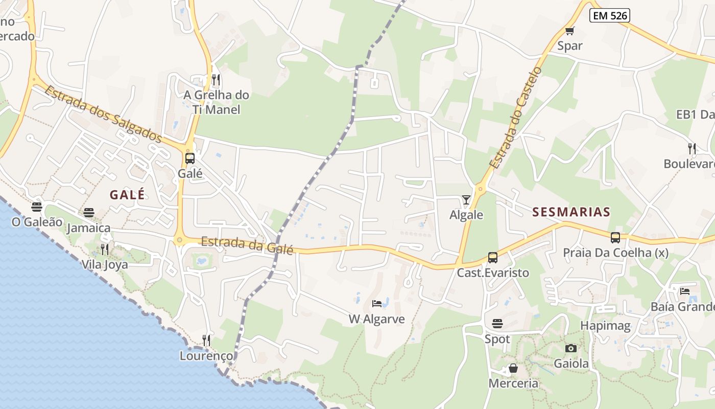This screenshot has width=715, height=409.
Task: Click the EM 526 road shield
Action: pos(610,16)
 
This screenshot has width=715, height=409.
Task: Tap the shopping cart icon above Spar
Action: pos(570,31)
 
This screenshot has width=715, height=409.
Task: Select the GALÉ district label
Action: pos(127,195)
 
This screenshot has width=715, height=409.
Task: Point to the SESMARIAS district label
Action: pos(571,212)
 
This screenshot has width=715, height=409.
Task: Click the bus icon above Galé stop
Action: pos(190,158)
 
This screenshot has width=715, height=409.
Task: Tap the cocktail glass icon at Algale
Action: pos(466,199)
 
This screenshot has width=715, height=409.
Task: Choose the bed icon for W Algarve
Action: pos(377,304)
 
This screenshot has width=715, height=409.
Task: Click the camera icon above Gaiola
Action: pos(571,348)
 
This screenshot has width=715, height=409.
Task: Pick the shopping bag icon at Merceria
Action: pos(513,368)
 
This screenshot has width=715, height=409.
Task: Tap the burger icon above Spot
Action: pos(497,323)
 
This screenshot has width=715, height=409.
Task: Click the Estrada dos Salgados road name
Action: pos(103,115)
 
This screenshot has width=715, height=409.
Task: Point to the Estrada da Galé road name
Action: pos(247,245)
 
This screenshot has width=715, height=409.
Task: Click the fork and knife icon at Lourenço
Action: pos(206,340)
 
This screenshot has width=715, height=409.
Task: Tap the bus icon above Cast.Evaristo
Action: pos(492,257)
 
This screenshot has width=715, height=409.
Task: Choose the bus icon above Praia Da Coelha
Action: pos(615,237)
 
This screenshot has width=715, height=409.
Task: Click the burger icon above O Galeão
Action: pos(36,207)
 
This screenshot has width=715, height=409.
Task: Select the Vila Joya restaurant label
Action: pos(105,265)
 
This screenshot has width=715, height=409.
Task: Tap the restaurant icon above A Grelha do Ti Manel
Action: pos(216,79)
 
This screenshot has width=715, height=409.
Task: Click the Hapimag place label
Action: pos(605,326)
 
